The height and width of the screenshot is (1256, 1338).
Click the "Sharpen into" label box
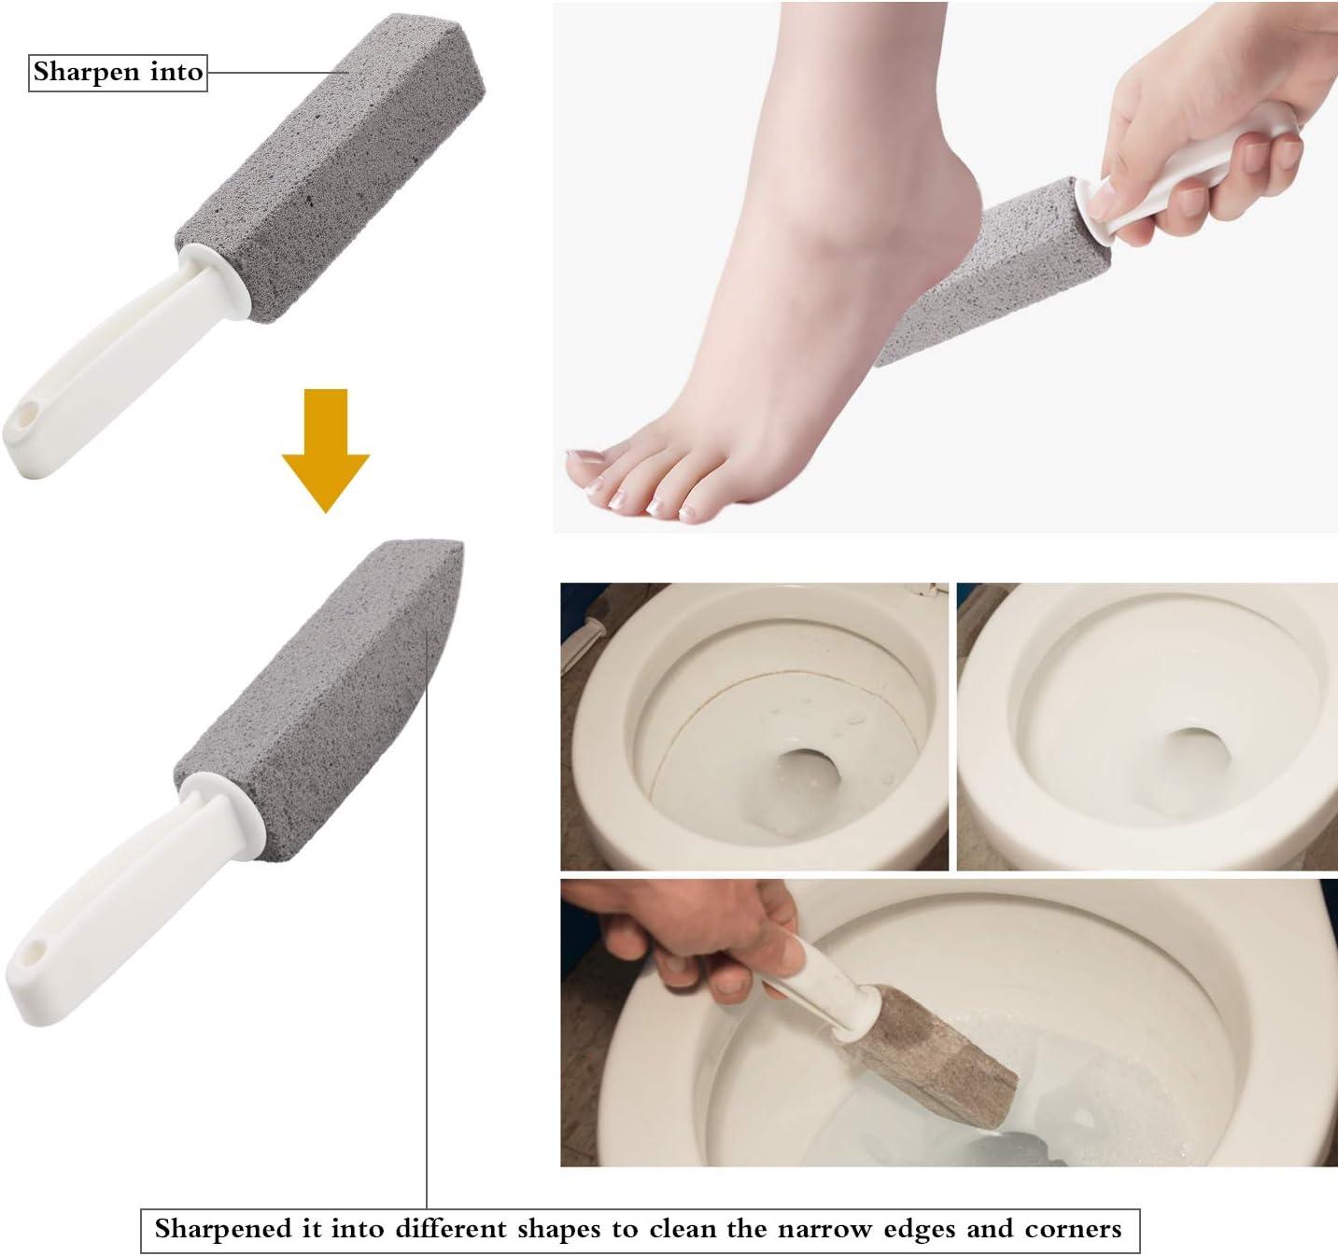(x=118, y=72)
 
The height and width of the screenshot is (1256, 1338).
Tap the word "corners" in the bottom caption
(x=1073, y=1228)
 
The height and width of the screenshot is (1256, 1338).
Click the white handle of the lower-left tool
(x=121, y=896)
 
